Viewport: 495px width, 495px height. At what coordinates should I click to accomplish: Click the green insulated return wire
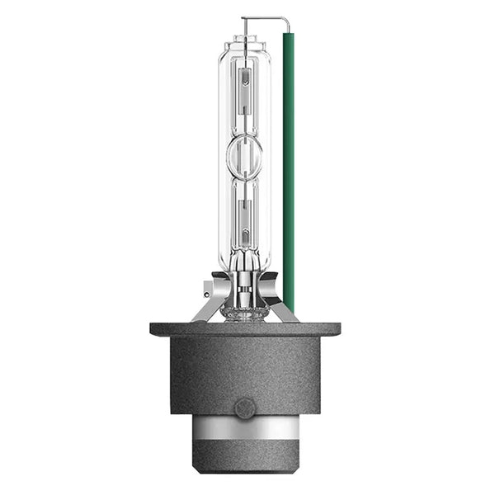pyautogui.click(x=288, y=165)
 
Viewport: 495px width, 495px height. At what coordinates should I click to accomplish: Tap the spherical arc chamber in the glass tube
pyautogui.click(x=244, y=155)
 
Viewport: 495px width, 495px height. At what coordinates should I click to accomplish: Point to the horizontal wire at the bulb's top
pyautogui.click(x=264, y=19)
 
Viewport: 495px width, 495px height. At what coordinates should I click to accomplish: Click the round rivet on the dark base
pyautogui.click(x=244, y=408)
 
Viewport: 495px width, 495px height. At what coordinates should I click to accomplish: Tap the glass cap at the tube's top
pyautogui.click(x=244, y=41)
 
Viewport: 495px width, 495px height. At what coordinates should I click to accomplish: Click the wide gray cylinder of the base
pyautogui.click(x=244, y=371)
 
